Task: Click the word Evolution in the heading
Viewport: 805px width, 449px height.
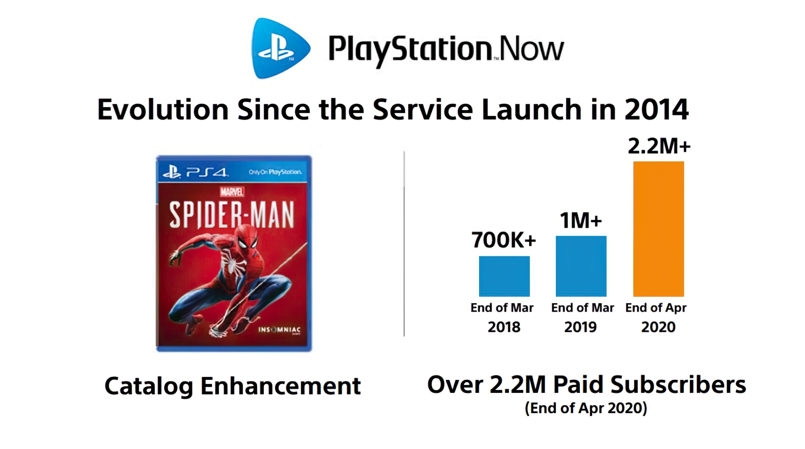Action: click(x=163, y=110)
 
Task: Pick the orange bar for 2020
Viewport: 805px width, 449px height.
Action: click(x=658, y=229)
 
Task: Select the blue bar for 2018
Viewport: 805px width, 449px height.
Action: click(x=504, y=276)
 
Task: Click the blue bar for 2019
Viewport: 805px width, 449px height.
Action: click(x=581, y=266)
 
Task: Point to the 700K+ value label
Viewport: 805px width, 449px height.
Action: click(x=504, y=240)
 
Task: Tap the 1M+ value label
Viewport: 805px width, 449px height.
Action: click(x=581, y=220)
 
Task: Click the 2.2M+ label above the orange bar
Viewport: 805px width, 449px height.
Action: click(x=659, y=146)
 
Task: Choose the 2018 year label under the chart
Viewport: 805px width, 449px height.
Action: click(x=504, y=327)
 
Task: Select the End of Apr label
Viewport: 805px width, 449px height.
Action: click(x=656, y=308)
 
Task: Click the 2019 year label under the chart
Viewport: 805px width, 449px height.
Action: click(x=580, y=327)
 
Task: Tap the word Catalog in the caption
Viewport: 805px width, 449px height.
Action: click(x=148, y=386)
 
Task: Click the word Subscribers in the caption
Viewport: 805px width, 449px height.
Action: click(x=678, y=384)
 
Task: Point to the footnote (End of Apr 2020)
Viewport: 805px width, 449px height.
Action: click(x=586, y=408)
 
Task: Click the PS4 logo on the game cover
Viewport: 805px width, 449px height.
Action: click(x=196, y=172)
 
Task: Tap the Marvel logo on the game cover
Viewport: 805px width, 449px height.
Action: click(x=232, y=192)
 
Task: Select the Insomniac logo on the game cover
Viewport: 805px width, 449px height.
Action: click(x=279, y=330)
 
